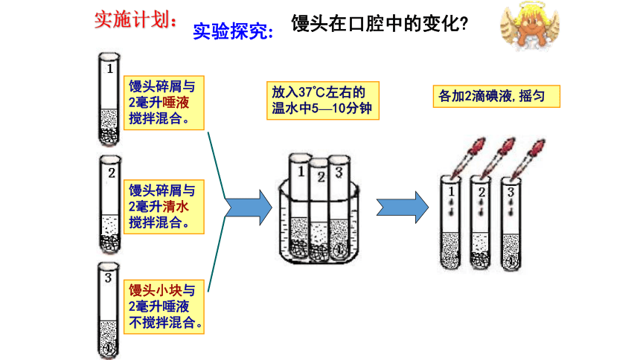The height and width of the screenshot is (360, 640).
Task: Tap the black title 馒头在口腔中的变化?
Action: [380, 23]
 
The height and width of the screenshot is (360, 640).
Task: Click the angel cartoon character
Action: [530, 25]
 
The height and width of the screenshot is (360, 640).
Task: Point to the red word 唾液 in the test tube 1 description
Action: [176, 103]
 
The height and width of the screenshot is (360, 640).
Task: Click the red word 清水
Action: [176, 207]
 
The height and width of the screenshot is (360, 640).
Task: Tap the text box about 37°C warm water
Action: [323, 100]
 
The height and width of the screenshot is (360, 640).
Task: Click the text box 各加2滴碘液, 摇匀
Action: [496, 97]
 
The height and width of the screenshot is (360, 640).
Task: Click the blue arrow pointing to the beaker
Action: [249, 208]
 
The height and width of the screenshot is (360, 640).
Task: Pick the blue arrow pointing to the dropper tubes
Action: [403, 208]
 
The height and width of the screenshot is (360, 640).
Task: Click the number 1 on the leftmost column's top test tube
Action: [110, 68]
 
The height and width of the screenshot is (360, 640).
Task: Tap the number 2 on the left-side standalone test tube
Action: [112, 173]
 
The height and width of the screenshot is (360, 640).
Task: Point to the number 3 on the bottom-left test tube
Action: [108, 278]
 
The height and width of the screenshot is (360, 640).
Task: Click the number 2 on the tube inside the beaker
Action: [321, 177]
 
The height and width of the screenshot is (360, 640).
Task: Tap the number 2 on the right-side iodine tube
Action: [481, 192]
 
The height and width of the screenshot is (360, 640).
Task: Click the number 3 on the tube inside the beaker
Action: [339, 173]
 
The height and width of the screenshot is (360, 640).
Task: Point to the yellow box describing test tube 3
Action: [164, 307]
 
